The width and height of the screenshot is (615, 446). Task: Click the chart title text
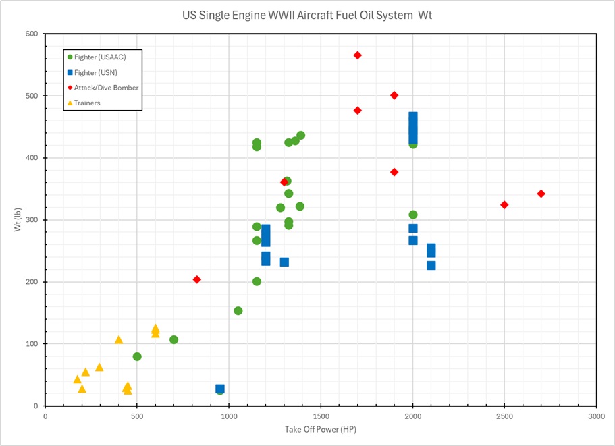(x=307, y=14)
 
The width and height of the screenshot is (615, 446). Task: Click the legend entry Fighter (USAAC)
(x=100, y=57)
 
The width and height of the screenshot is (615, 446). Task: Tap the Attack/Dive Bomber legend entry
(x=107, y=88)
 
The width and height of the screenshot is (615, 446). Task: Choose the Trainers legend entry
(x=87, y=103)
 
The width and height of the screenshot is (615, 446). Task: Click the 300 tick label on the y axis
(x=32, y=220)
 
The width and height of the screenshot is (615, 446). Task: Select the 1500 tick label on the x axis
(x=321, y=417)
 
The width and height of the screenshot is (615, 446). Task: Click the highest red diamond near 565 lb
(x=358, y=55)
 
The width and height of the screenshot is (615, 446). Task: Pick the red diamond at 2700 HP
(x=541, y=194)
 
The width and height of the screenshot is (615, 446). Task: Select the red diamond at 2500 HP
(x=504, y=204)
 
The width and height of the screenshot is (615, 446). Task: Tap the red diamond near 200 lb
(x=197, y=279)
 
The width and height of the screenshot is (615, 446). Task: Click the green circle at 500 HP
(x=137, y=356)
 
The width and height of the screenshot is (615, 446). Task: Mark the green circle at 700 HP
(x=173, y=339)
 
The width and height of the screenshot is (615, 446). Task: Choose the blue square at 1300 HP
(x=284, y=262)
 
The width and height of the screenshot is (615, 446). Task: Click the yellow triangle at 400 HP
(x=119, y=339)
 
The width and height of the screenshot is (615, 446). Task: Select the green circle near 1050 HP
(x=238, y=311)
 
